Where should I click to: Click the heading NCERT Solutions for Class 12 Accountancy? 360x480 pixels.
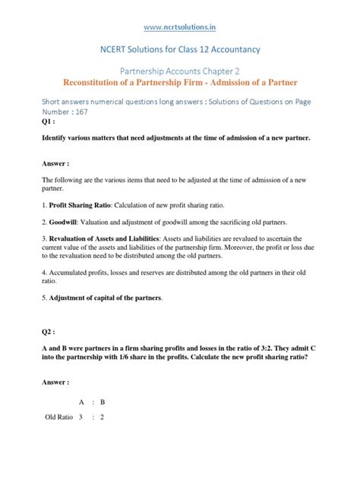pos(180,49)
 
